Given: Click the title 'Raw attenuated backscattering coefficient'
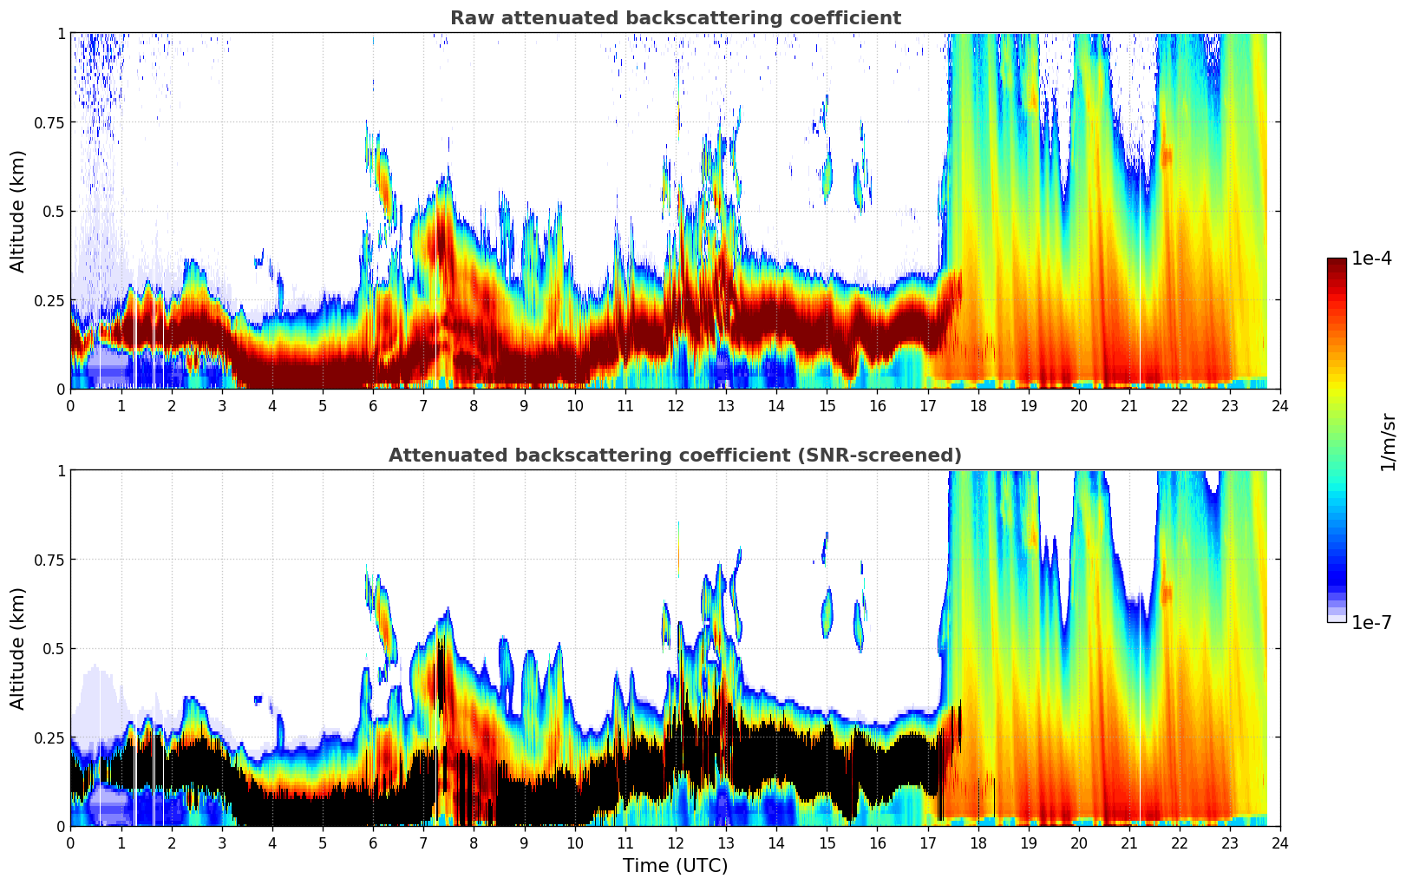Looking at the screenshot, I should pyautogui.click(x=675, y=18).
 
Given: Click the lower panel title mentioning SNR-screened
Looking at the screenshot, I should pyautogui.click(x=675, y=456).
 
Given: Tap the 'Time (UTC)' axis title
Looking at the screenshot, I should pyautogui.click(x=675, y=866).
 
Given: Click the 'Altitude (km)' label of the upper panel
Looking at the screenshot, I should pyautogui.click(x=18, y=211).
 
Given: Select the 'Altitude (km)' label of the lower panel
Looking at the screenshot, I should pyautogui.click(x=18, y=648).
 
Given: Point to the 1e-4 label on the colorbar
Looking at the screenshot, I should pyautogui.click(x=1371, y=259).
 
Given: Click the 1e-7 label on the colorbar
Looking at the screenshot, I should pyautogui.click(x=1371, y=622).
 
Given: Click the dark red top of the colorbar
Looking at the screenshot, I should pyautogui.click(x=1337, y=262).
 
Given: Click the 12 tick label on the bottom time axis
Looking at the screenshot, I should pyautogui.click(x=676, y=842).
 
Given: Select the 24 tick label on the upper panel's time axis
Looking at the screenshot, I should pyautogui.click(x=1280, y=405).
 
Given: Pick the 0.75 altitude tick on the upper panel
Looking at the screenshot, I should pyautogui.click(x=49, y=122).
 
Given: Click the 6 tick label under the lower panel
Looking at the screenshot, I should pyautogui.click(x=373, y=842).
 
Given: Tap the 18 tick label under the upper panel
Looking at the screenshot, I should pyautogui.click(x=978, y=405).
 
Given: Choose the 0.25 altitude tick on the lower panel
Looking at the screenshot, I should pyautogui.click(x=49, y=737).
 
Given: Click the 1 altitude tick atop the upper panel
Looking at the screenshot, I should pyautogui.click(x=61, y=33).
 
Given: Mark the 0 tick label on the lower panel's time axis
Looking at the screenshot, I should pyautogui.click(x=70, y=842).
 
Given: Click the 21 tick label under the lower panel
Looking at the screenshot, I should pyautogui.click(x=1128, y=842).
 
